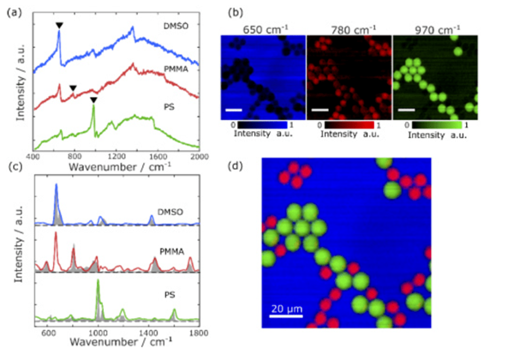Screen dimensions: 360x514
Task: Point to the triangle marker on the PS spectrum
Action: coord(93,100)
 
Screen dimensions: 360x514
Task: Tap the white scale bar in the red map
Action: coord(319,110)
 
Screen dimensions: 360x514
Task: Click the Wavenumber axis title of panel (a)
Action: coord(113,168)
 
